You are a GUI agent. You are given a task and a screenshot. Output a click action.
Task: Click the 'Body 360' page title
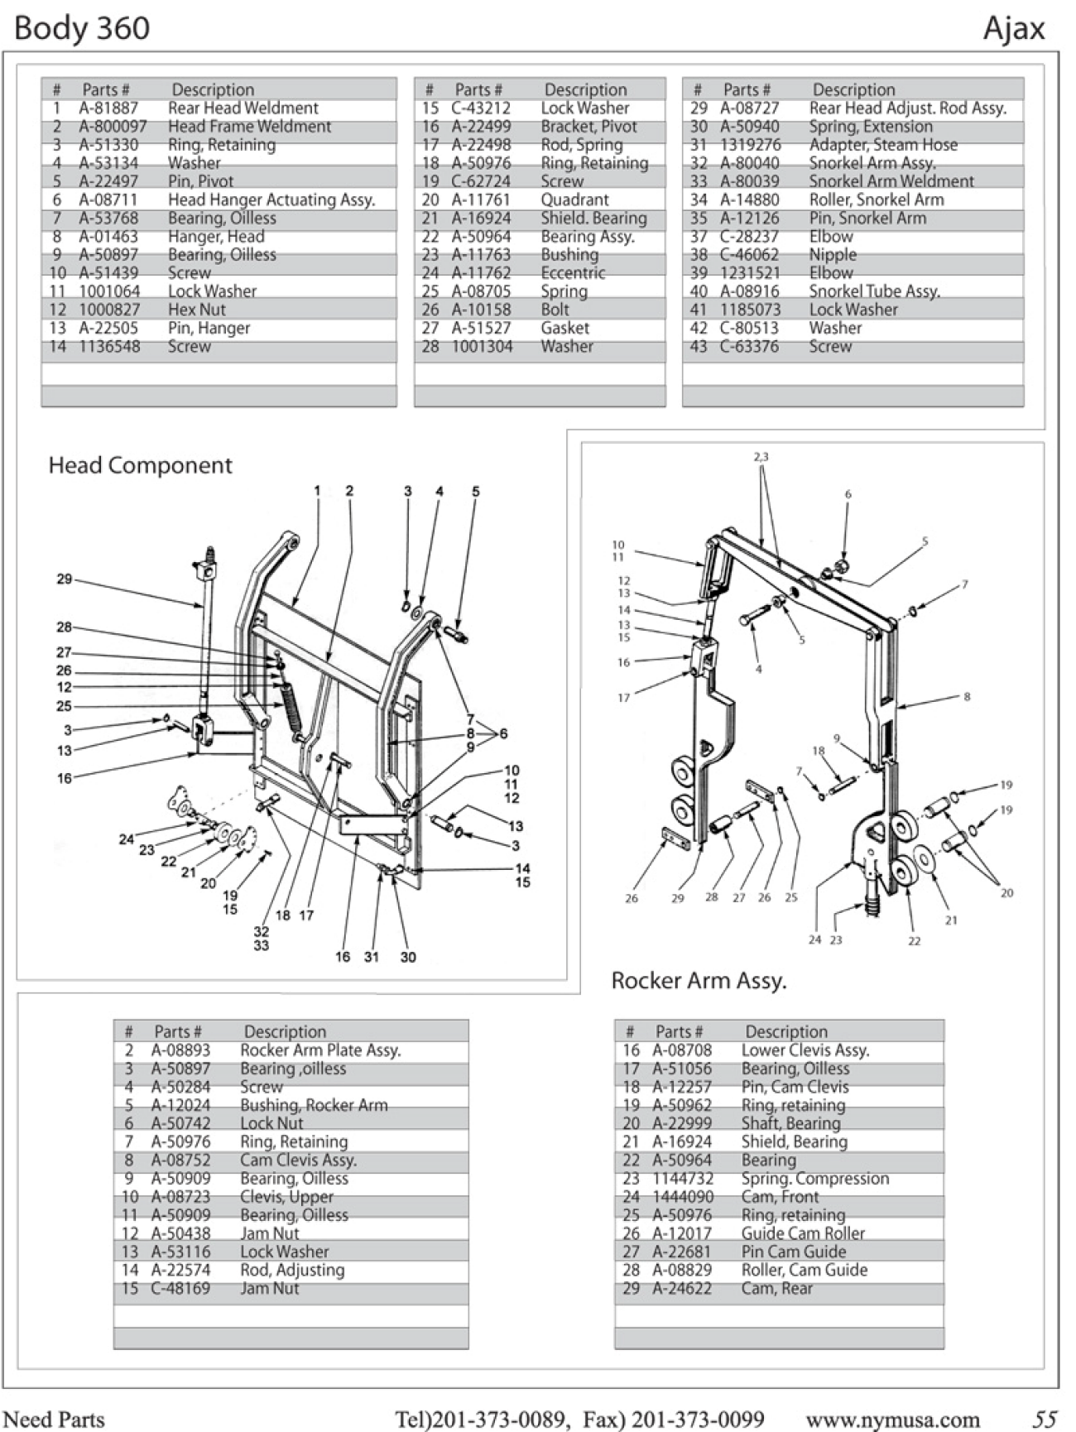[x=82, y=29]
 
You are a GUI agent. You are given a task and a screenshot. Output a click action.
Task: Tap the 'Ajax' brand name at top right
[x=1014, y=29]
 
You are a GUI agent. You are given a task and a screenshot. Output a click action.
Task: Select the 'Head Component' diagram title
[x=140, y=465]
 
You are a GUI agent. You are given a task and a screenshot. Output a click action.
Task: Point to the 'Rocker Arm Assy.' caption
[x=699, y=981]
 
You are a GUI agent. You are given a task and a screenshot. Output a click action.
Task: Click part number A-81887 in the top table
[x=108, y=108]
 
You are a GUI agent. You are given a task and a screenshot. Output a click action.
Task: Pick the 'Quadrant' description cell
[x=574, y=199]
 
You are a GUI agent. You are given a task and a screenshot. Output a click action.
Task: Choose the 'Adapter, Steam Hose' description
[x=883, y=145]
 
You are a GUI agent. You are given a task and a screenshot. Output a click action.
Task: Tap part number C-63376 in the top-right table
[x=749, y=347]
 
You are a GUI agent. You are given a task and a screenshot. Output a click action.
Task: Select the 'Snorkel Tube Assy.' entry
[x=874, y=291]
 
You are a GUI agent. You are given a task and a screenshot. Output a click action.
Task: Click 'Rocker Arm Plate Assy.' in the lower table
[x=320, y=1050]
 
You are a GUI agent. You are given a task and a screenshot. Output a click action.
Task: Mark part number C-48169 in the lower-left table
[x=180, y=1289]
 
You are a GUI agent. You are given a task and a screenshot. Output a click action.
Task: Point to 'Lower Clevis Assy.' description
[x=805, y=1050]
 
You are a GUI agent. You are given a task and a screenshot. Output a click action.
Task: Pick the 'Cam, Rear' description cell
[x=777, y=1289]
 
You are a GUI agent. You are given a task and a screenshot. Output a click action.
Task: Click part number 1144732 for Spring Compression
[x=682, y=1179]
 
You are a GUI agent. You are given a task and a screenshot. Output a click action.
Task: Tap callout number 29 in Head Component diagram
[x=65, y=579]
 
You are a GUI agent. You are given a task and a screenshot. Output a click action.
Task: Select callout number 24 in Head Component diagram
[x=126, y=839]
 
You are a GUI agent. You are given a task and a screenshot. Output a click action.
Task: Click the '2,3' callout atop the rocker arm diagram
[x=761, y=457]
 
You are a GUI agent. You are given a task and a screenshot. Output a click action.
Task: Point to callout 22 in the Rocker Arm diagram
[x=914, y=941]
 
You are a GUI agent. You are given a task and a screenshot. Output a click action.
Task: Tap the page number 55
[x=1045, y=1419]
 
